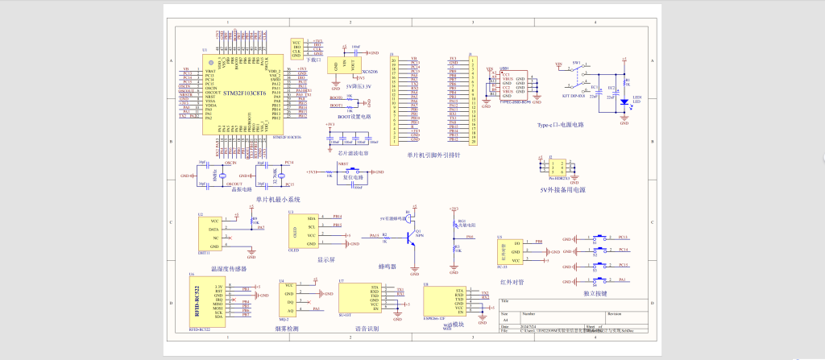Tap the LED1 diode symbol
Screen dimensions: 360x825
click(x=624, y=102)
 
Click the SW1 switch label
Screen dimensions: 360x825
click(x=576, y=62)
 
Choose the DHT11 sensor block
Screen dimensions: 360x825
click(x=214, y=234)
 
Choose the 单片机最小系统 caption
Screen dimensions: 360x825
click(x=278, y=199)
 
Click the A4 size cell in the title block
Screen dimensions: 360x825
click(x=506, y=320)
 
